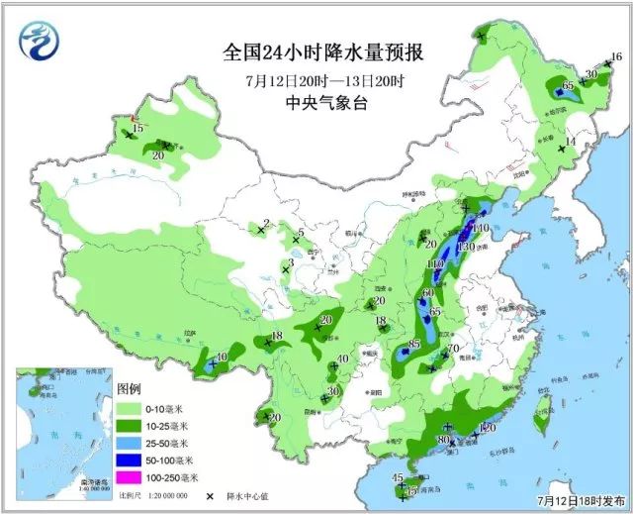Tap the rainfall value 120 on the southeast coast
pos(487,428)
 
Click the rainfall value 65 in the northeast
pos(569,86)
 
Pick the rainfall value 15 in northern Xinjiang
pos(138,129)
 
